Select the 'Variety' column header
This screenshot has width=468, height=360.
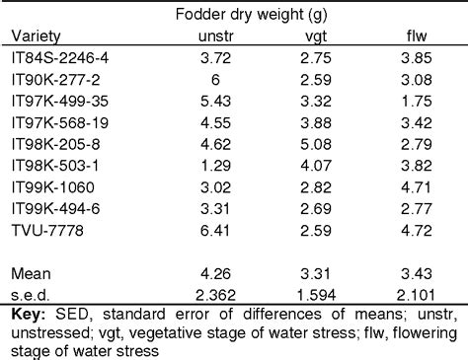click(x=35, y=36)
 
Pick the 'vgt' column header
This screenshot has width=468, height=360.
click(x=318, y=36)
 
